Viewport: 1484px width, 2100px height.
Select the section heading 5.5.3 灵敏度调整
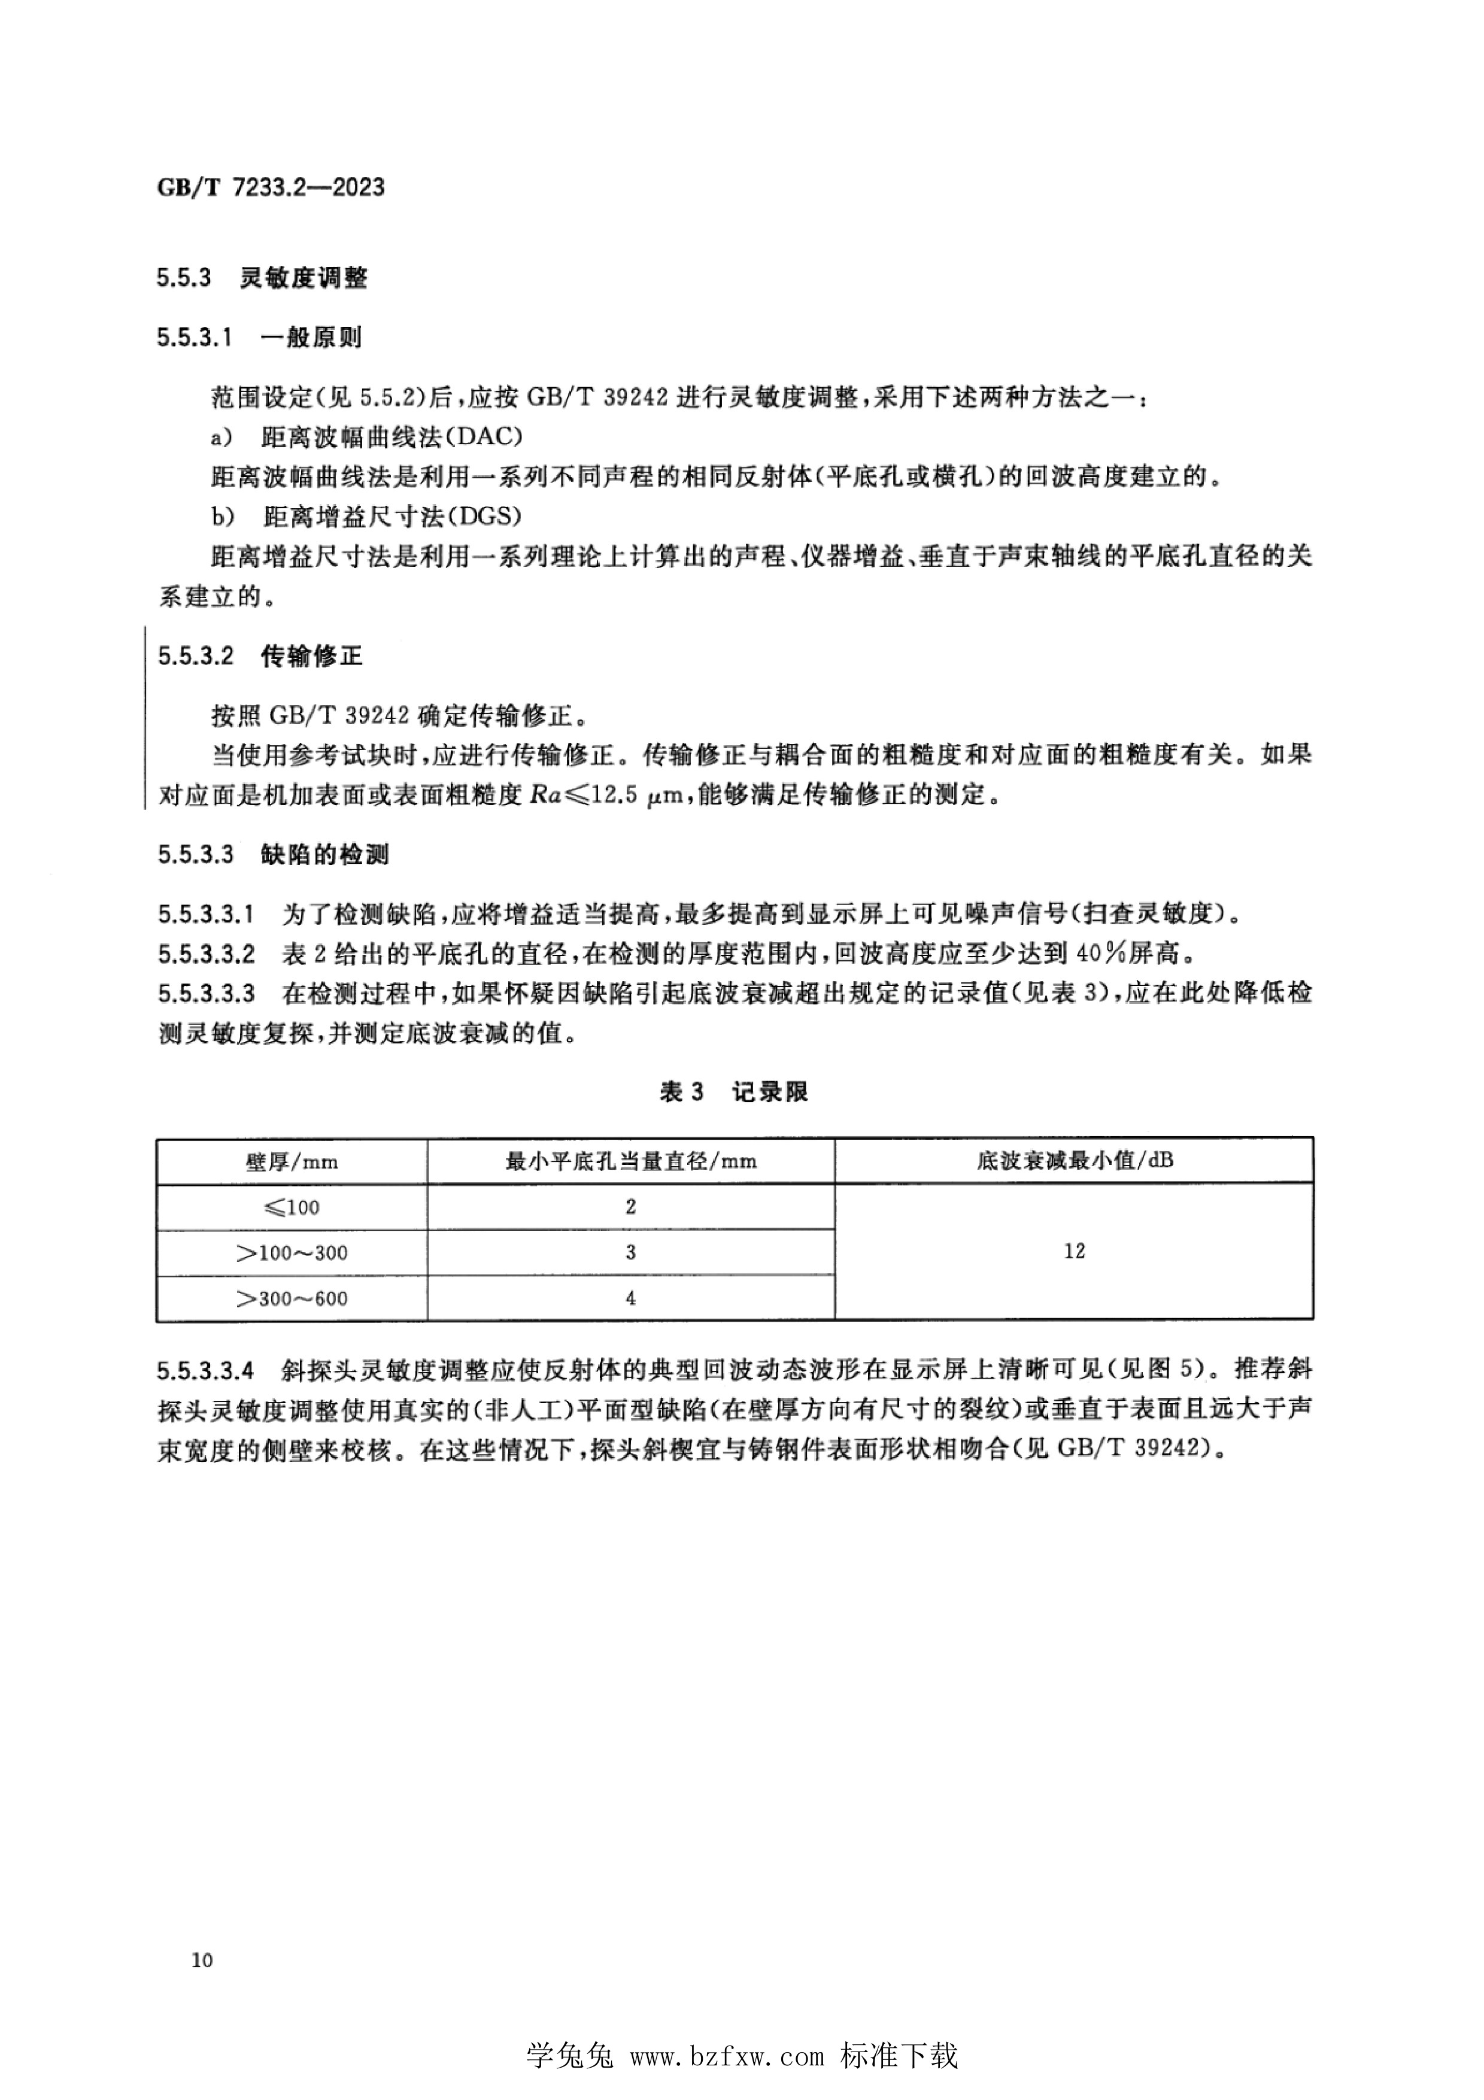[x=262, y=278]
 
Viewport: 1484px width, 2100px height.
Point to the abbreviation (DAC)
[x=478, y=436]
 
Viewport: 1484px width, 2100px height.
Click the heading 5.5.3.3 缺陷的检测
[x=272, y=854]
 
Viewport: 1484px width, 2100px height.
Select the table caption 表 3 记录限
[x=733, y=1091]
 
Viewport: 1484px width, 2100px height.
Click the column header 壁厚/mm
[x=292, y=1161]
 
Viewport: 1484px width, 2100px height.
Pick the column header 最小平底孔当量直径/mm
[x=631, y=1161]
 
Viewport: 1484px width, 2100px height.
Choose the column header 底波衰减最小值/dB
[x=1075, y=1161]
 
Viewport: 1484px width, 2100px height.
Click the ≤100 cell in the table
[x=292, y=1207]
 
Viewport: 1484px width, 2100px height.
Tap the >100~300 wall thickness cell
[x=292, y=1253]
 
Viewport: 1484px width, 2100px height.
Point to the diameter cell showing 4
[x=631, y=1298]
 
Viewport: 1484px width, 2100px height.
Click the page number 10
[x=202, y=1960]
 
